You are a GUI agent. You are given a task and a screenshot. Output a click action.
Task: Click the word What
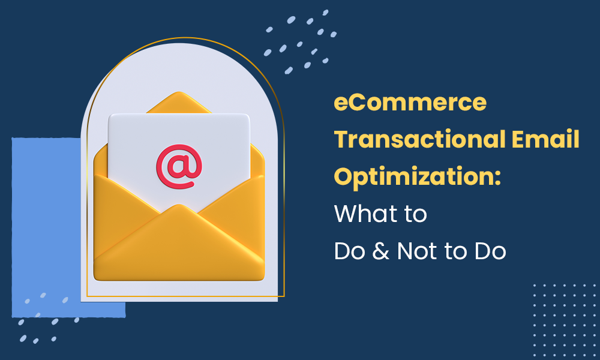tap(362, 214)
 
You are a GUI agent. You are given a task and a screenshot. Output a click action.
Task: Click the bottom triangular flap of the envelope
tap(179, 246)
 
